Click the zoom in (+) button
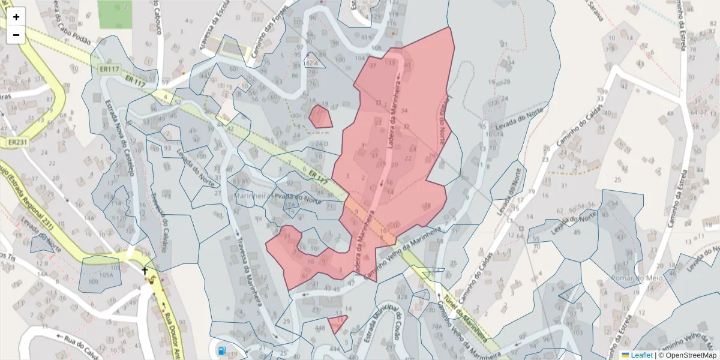click(16, 17)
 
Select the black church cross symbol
click(145, 271)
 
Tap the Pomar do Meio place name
click(635, 278)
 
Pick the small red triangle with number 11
click(338, 324)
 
